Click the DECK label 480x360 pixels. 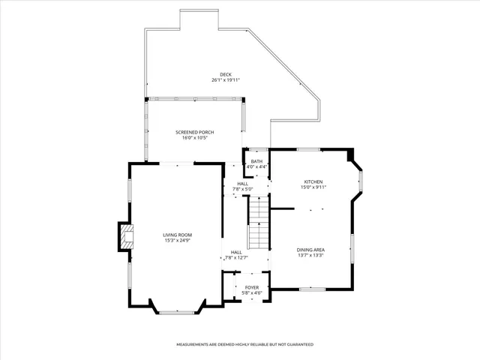(226, 74)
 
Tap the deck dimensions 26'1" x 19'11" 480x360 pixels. (226, 79)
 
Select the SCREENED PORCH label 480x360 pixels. (194, 132)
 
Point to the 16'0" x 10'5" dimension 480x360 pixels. (194, 138)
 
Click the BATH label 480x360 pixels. (256, 161)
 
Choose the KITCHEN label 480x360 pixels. (313, 182)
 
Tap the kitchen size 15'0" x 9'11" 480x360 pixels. (313, 187)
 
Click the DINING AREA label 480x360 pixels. (310, 249)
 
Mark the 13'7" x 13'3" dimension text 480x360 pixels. (310, 255)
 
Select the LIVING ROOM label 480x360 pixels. (178, 235)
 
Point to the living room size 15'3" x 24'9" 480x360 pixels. (178, 241)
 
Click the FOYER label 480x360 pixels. (252, 287)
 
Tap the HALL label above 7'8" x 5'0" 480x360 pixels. (242, 184)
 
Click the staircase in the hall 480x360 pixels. (259, 223)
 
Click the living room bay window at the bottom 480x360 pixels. (178, 309)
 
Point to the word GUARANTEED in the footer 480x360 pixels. (297, 344)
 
